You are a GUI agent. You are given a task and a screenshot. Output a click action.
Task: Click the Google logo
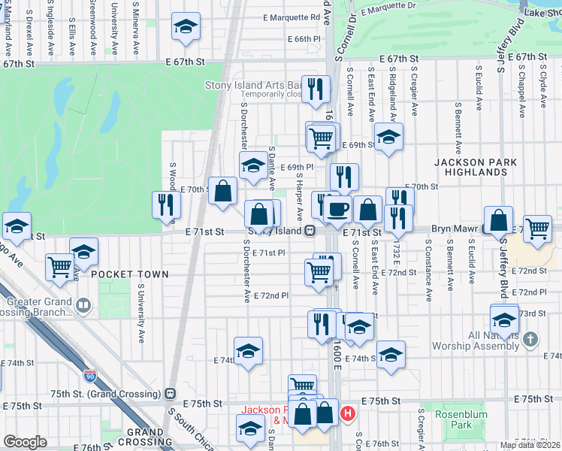click(x=25, y=442)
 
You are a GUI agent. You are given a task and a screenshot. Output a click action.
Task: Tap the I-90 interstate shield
click(x=90, y=374)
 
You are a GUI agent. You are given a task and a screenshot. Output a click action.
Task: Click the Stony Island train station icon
click(x=309, y=232)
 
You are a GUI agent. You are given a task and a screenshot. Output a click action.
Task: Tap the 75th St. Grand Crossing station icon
click(x=171, y=393)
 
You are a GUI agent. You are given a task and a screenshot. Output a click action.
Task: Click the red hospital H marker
click(x=347, y=413)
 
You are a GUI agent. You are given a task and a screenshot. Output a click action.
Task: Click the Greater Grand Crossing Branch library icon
click(x=83, y=305)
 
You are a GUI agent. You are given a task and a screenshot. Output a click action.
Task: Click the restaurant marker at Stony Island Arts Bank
click(x=316, y=89)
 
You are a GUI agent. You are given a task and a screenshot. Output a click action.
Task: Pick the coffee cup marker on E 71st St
click(x=338, y=209)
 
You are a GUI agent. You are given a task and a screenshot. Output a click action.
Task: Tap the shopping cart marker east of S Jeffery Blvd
click(x=537, y=227)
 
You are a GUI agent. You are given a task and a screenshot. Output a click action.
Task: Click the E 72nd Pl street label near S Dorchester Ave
click(x=270, y=296)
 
